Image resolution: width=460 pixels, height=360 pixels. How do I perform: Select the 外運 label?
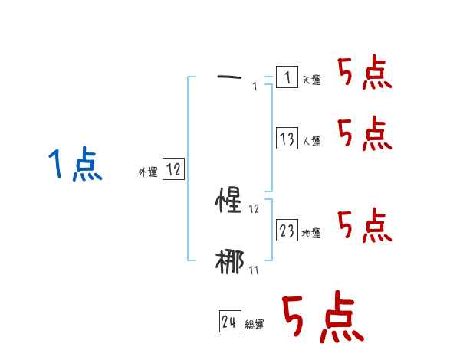147,173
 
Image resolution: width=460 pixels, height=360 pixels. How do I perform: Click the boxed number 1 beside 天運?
286,77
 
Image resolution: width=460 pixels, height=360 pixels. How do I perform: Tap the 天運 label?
312,80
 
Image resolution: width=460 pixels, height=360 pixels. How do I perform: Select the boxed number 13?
287,139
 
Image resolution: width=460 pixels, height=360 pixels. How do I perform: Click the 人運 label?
312,141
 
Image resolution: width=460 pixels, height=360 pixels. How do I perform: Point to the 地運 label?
312,234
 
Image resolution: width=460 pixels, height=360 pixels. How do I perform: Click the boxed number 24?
229,322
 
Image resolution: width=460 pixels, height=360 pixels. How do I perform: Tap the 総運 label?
255,325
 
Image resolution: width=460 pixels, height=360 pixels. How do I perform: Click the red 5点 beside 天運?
364,74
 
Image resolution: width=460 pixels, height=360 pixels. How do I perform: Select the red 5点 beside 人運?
364,134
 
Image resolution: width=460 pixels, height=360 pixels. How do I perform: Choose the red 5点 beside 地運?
364,226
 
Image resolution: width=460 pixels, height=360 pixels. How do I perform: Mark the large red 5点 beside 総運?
320,318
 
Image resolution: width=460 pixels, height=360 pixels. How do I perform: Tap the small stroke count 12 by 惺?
255,208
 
